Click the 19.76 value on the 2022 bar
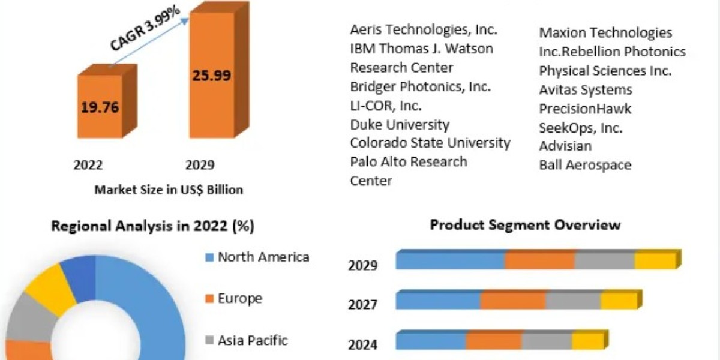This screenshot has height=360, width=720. click(100, 107)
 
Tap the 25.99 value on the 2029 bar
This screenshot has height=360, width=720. click(211, 76)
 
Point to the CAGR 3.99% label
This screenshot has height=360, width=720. click(145, 28)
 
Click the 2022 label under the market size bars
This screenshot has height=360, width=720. click(88, 165)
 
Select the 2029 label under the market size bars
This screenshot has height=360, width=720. click(200, 165)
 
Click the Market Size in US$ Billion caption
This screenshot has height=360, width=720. click(169, 190)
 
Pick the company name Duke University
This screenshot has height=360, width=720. click(400, 125)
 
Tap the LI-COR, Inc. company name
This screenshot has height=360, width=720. click(385, 106)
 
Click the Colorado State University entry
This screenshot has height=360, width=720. click(430, 143)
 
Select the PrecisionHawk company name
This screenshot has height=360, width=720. click(585, 109)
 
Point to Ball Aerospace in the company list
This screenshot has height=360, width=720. click(585, 165)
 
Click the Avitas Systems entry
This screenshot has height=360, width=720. click(586, 90)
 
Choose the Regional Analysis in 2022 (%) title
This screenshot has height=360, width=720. click(152, 226)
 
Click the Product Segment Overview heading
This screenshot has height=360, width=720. click(525, 224)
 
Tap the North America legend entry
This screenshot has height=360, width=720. click(257, 257)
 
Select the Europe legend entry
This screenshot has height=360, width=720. click(233, 299)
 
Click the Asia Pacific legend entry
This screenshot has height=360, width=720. click(246, 340)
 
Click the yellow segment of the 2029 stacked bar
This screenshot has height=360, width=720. click(656, 260)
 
